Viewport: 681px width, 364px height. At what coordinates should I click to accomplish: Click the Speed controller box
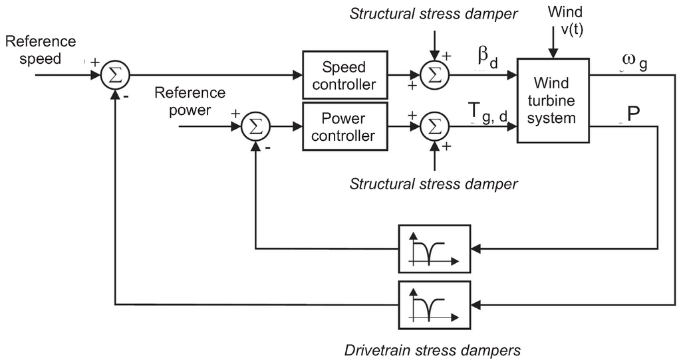coord(344,76)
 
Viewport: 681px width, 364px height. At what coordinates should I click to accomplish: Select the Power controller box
coord(344,126)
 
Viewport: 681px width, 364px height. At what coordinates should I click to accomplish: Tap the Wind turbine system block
coord(553,100)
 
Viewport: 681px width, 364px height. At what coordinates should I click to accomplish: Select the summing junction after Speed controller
coord(435,75)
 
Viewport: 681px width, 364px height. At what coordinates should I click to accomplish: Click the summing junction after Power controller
coord(435,126)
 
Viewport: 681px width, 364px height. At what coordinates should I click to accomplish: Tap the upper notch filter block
coord(433,248)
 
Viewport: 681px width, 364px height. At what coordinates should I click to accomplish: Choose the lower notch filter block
coord(433,305)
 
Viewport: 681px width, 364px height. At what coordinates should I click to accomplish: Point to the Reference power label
coord(190,101)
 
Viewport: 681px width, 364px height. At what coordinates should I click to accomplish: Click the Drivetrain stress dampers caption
coord(432,349)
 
